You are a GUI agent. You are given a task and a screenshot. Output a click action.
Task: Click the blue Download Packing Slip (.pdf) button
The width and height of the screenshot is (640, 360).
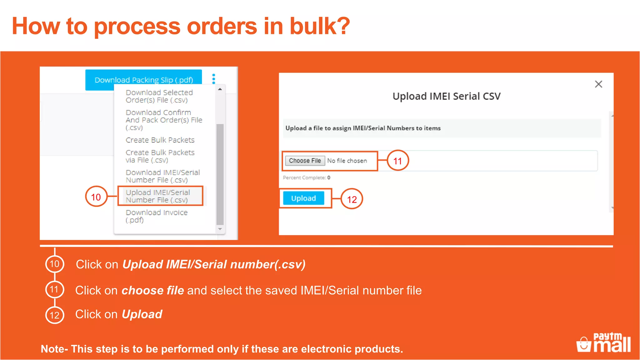coord(143,80)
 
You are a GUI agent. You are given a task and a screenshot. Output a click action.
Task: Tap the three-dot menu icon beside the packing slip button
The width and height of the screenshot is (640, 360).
coord(214,79)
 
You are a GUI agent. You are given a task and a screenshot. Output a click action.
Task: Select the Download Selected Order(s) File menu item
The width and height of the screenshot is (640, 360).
coord(159,96)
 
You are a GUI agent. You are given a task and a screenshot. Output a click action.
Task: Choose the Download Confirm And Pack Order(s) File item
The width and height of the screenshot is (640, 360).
coord(163,120)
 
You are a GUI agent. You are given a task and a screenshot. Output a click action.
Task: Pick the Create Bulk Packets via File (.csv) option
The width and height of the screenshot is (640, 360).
coord(160,156)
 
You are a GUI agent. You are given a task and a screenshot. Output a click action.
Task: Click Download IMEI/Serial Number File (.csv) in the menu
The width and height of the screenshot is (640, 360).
coord(162,176)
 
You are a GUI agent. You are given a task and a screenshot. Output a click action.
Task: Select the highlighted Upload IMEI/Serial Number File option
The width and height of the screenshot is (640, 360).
coord(160,196)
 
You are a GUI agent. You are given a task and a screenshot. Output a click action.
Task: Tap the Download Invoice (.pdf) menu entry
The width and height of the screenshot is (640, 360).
coord(156,216)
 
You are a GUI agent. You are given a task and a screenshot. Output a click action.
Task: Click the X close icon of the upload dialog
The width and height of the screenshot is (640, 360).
coord(598,84)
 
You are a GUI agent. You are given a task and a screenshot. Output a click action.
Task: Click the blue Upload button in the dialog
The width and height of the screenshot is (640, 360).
coord(303,198)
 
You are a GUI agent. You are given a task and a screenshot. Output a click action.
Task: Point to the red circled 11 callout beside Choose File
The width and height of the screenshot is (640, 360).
coord(397,161)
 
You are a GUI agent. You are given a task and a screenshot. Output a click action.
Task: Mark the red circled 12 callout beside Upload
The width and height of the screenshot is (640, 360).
coord(352,199)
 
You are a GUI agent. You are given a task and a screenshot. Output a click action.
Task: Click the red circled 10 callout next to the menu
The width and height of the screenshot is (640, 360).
coord(96,197)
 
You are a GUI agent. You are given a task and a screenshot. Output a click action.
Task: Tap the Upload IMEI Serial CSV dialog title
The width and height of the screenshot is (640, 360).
coord(446,96)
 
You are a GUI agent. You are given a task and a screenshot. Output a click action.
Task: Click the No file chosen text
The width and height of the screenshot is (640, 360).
coord(347,161)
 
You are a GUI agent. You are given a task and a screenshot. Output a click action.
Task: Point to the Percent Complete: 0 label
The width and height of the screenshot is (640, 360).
coord(306,177)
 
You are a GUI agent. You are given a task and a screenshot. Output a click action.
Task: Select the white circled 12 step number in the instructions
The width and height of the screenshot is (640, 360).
coord(55,315)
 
